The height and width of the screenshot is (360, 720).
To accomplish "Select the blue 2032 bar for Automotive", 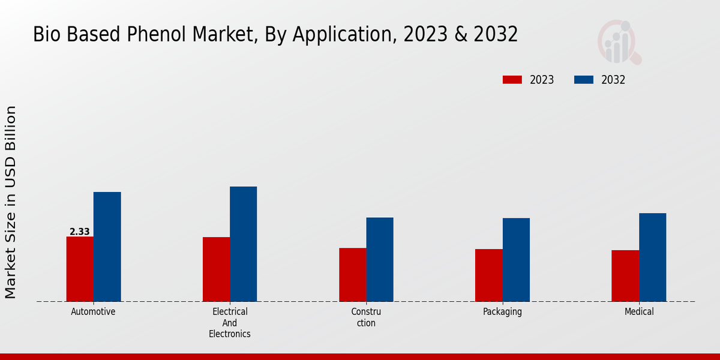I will point(107,247).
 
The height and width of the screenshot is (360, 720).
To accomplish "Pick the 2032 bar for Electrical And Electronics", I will point(243,244).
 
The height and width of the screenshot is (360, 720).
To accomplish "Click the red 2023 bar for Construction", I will point(352,274).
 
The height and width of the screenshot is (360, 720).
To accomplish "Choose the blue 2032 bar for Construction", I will point(380,259).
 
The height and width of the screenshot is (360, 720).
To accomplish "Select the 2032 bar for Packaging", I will point(516,259).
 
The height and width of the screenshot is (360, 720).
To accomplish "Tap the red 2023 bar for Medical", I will point(625,275).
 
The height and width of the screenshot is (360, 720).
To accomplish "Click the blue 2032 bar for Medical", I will point(652,257).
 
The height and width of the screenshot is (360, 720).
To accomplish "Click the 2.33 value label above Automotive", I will point(80,232).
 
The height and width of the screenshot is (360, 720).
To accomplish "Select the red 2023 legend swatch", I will point(512,80).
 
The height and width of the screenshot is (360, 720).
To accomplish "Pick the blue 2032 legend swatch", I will point(584,80).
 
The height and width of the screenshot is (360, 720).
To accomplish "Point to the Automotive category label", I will point(93,312).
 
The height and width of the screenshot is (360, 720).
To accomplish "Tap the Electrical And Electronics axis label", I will point(230,323).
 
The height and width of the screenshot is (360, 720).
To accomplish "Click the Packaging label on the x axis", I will point(502,312).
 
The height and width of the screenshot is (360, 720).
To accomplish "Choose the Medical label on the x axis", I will point(639,312).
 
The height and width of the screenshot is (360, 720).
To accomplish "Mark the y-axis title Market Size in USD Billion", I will point(11,202).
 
